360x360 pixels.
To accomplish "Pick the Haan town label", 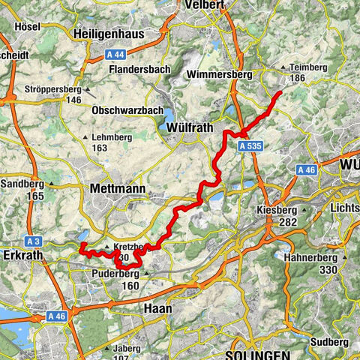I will point(158,308).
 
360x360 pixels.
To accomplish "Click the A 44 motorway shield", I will point(112,54).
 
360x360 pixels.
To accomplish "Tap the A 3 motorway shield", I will point(32,241).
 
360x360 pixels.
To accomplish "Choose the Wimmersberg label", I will point(223,75).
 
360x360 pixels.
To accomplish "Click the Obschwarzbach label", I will point(127,110).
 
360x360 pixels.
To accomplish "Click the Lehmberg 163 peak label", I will point(110,142).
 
